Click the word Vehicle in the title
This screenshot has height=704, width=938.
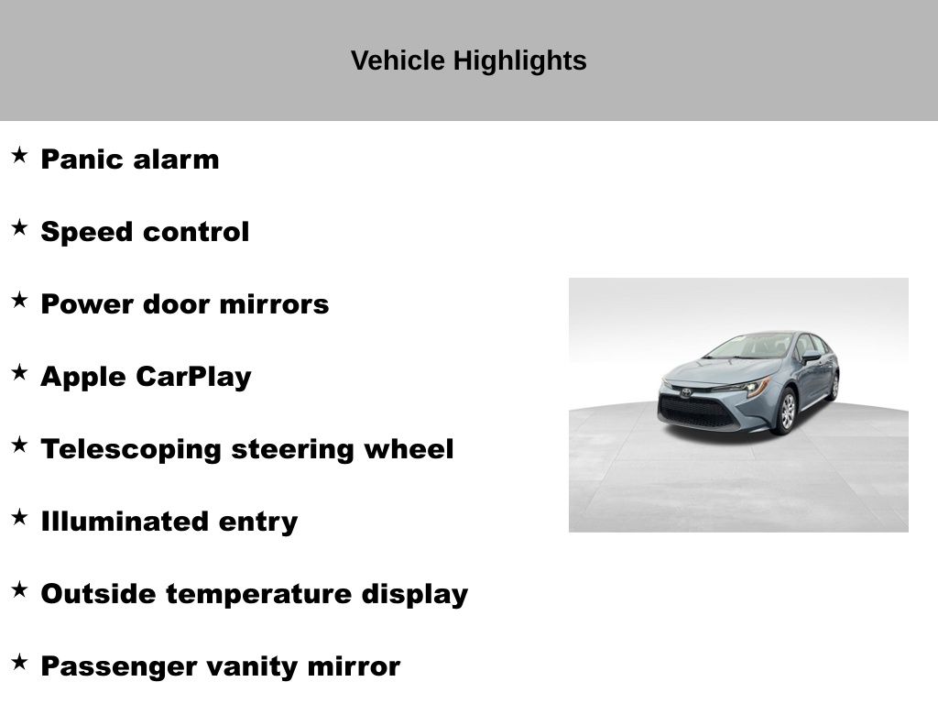click(398, 60)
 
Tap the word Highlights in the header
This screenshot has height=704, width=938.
click(520, 61)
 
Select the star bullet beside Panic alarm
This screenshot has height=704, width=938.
click(20, 155)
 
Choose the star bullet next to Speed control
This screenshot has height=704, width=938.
click(20, 227)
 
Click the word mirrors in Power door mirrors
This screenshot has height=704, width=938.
click(275, 304)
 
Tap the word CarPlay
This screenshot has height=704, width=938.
click(194, 378)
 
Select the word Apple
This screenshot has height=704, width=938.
click(83, 378)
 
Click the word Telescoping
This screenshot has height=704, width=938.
click(131, 450)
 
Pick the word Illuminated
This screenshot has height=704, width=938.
click(125, 522)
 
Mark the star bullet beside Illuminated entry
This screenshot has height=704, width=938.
click(20, 517)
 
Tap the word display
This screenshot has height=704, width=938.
click(415, 595)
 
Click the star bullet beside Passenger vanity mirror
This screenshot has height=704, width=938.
click(20, 662)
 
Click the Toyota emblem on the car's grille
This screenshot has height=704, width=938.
click(685, 392)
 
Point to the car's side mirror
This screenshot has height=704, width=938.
click(812, 357)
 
